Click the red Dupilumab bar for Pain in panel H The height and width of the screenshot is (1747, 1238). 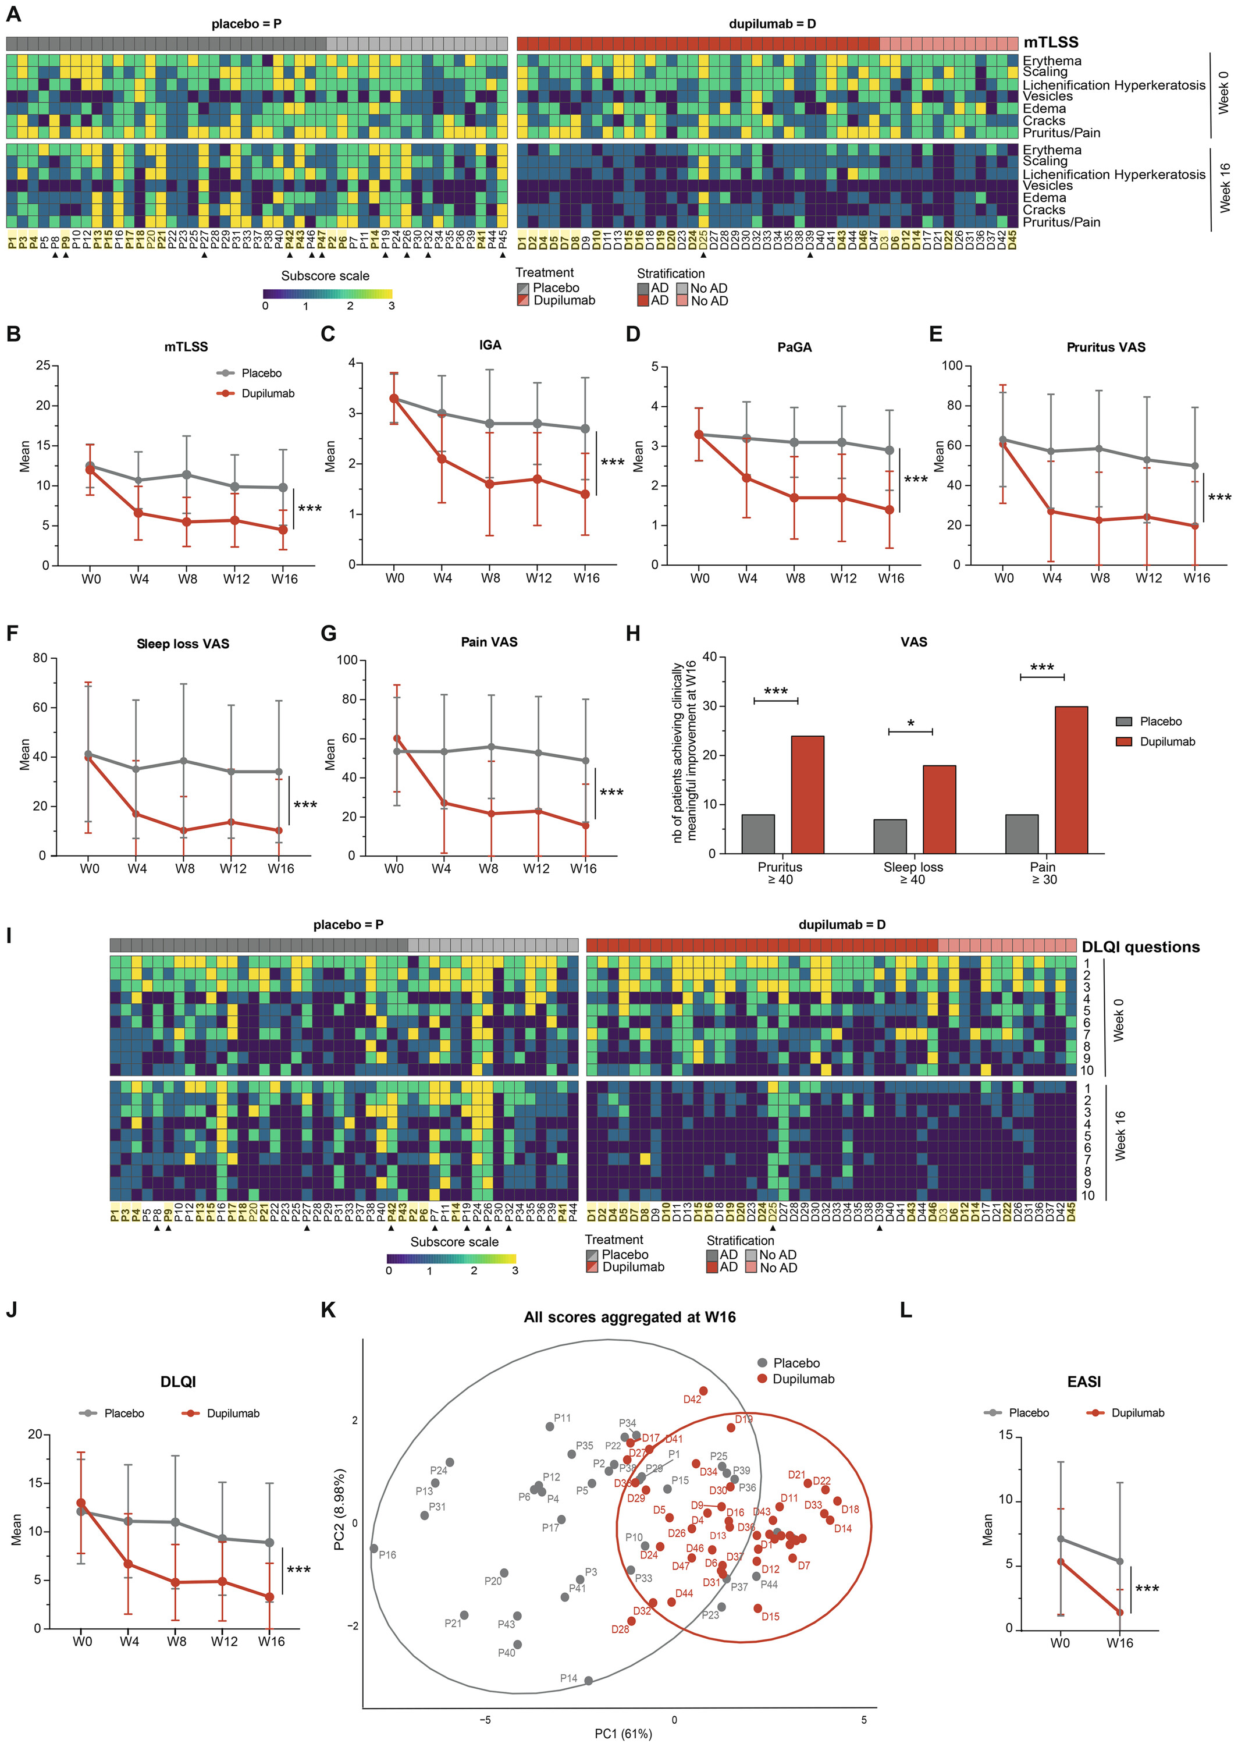(x=1071, y=779)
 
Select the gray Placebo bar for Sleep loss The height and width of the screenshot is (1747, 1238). (x=890, y=836)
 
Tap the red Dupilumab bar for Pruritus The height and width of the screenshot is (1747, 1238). (x=807, y=794)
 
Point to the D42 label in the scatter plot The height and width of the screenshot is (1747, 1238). (x=692, y=1399)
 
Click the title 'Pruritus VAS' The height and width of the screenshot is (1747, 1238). (x=1105, y=347)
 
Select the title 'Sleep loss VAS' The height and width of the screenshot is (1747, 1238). (x=183, y=644)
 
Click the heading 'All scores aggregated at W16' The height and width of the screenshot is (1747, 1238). (x=629, y=1317)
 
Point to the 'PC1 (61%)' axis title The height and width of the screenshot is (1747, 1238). (x=624, y=1733)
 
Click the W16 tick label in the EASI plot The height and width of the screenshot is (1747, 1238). (x=1119, y=1643)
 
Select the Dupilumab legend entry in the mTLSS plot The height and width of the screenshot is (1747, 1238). (x=267, y=393)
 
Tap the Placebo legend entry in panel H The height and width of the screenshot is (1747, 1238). (x=1160, y=722)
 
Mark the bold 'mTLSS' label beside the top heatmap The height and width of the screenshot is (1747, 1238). (x=1051, y=42)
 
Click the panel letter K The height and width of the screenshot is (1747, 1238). (x=328, y=1310)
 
